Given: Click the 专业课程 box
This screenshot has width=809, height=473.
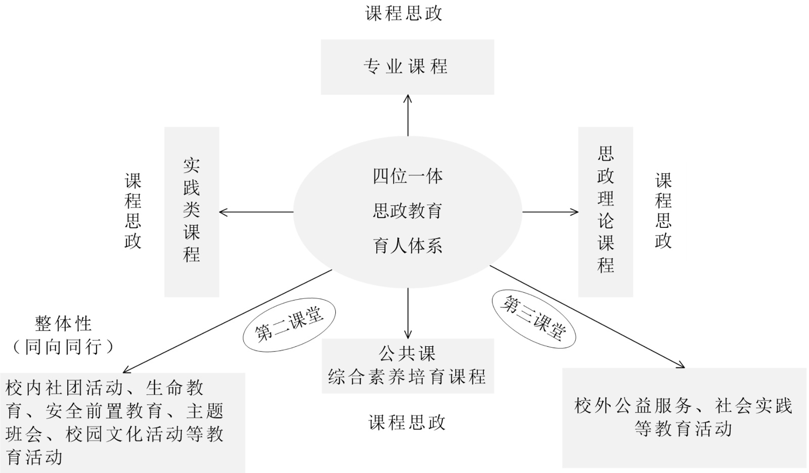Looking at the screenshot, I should tap(407, 67).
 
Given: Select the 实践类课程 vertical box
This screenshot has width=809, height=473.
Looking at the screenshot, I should tap(192, 211).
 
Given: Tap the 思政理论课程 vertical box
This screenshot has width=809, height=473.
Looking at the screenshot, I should tap(605, 211).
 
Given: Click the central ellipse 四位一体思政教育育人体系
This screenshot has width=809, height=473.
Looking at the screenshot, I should tap(408, 211).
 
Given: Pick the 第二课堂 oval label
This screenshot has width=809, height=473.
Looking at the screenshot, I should tap(289, 326).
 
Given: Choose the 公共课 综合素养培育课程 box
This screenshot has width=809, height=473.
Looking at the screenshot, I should tap(408, 366).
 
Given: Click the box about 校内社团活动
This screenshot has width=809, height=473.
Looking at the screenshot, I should tap(122, 422).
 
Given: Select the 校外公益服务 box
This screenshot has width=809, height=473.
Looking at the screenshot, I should tap(684, 417).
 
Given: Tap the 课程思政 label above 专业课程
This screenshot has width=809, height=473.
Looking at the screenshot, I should tap(404, 13).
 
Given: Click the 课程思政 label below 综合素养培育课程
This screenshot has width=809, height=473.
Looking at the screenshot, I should tap(407, 422).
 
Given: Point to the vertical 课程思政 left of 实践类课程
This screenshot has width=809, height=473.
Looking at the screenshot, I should tap(133, 211).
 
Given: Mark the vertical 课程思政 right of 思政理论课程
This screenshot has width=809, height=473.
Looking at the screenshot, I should tap(663, 211).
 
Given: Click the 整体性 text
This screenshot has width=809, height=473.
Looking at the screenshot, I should tap(63, 323).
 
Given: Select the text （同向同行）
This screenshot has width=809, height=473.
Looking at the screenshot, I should tap(63, 347).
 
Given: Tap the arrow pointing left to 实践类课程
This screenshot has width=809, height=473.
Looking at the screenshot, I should tap(256, 212).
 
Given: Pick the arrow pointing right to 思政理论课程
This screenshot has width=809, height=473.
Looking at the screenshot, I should tap(550, 212).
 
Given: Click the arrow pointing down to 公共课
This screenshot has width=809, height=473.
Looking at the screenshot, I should tap(408, 313).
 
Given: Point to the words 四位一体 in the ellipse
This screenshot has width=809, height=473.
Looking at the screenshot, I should tap(408, 176).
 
